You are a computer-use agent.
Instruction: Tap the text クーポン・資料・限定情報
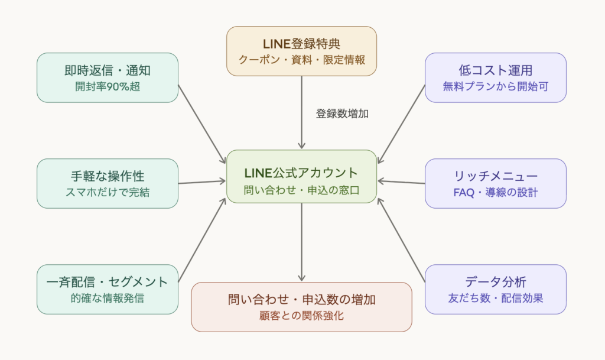point(301,60)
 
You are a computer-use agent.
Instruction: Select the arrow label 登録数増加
point(342,114)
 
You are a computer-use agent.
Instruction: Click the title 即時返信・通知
point(108,70)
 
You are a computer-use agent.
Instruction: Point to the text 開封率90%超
point(108,86)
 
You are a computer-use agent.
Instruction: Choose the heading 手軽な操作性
point(108,176)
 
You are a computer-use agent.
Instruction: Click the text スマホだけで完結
point(108,192)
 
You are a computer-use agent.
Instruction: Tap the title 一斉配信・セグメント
point(108,281)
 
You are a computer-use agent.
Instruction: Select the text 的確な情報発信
point(108,298)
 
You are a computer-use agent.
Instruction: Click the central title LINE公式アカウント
point(301,173)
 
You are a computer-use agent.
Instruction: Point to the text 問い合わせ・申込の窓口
point(301,190)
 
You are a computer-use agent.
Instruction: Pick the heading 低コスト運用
point(495,70)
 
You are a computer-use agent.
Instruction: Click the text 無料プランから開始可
point(495,86)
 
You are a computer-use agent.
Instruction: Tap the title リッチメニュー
point(495,176)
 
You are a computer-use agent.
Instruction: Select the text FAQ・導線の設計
point(495,192)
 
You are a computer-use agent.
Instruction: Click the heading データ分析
point(495,281)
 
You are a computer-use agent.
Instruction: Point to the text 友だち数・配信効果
point(495,298)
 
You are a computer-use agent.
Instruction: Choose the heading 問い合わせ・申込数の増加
point(301,299)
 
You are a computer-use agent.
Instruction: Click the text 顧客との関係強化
point(301,316)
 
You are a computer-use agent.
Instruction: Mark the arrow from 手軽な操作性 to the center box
point(202,182)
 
